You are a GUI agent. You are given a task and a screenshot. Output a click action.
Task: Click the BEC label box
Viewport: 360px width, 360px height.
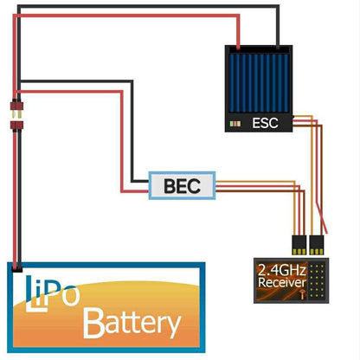(182, 184)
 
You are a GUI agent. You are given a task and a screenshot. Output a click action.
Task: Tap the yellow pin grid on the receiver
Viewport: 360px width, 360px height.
(318, 281)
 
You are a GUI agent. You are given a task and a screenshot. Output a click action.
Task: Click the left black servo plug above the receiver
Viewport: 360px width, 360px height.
(296, 243)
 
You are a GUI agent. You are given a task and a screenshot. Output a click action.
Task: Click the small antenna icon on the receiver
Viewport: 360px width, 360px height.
(302, 294)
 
